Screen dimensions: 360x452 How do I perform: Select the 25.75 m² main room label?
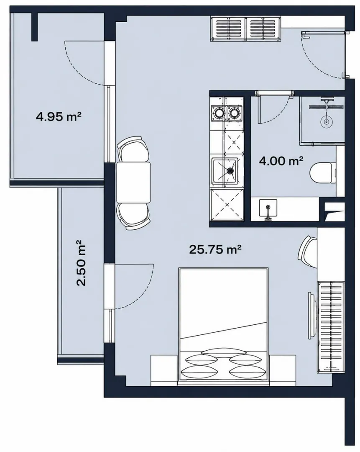point(215,249)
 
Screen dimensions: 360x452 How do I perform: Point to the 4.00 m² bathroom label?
point(281,161)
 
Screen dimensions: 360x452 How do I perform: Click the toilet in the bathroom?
point(323,173)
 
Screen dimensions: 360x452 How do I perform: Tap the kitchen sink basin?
point(225,171)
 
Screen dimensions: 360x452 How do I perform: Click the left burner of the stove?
point(218,113)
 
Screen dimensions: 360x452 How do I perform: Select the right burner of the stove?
point(234,113)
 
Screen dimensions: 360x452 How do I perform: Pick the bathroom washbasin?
point(268,208)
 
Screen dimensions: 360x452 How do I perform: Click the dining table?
point(133,182)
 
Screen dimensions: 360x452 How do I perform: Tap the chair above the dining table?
point(134,149)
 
